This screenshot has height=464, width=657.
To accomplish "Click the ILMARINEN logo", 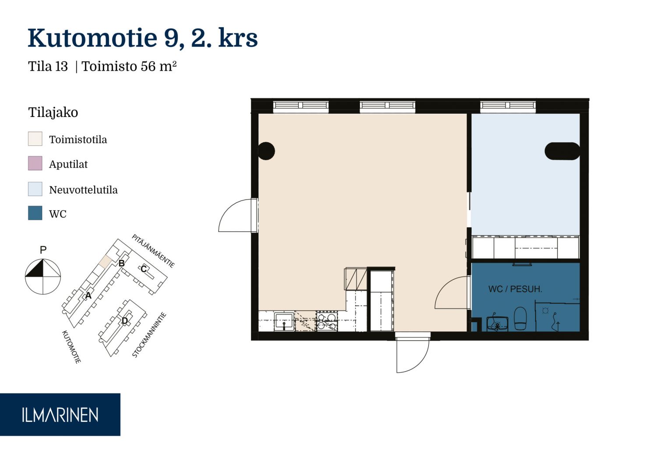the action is pos(60,415).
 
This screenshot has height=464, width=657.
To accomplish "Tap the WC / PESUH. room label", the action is pos(515,289).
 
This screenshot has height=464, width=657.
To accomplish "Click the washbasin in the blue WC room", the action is pos(497,323).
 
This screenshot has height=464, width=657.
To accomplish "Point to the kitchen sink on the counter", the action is pos(284,322).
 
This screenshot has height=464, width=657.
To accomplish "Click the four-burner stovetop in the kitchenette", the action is pos(327,322).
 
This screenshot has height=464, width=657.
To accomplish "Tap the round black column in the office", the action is pos(266,151).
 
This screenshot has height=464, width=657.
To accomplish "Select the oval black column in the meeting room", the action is pos(562,151).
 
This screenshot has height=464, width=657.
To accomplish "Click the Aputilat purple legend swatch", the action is pos(35,163).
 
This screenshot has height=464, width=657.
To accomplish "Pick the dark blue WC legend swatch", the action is pos(35,213).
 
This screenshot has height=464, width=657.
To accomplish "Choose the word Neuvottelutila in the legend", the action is pos(83,190).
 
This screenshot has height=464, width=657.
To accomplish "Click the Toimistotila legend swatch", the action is pos(35,139).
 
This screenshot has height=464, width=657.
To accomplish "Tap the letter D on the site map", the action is pos(125,321).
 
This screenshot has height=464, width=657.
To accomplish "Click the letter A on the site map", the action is pos(88,295).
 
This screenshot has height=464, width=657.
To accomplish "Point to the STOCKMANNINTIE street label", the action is pos(149,335).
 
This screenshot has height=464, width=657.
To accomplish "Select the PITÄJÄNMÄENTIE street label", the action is pos(153,251).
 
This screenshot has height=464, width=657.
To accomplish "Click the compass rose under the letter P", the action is pos(43,276).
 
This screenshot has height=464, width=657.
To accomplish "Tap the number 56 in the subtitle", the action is pos(148,66).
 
